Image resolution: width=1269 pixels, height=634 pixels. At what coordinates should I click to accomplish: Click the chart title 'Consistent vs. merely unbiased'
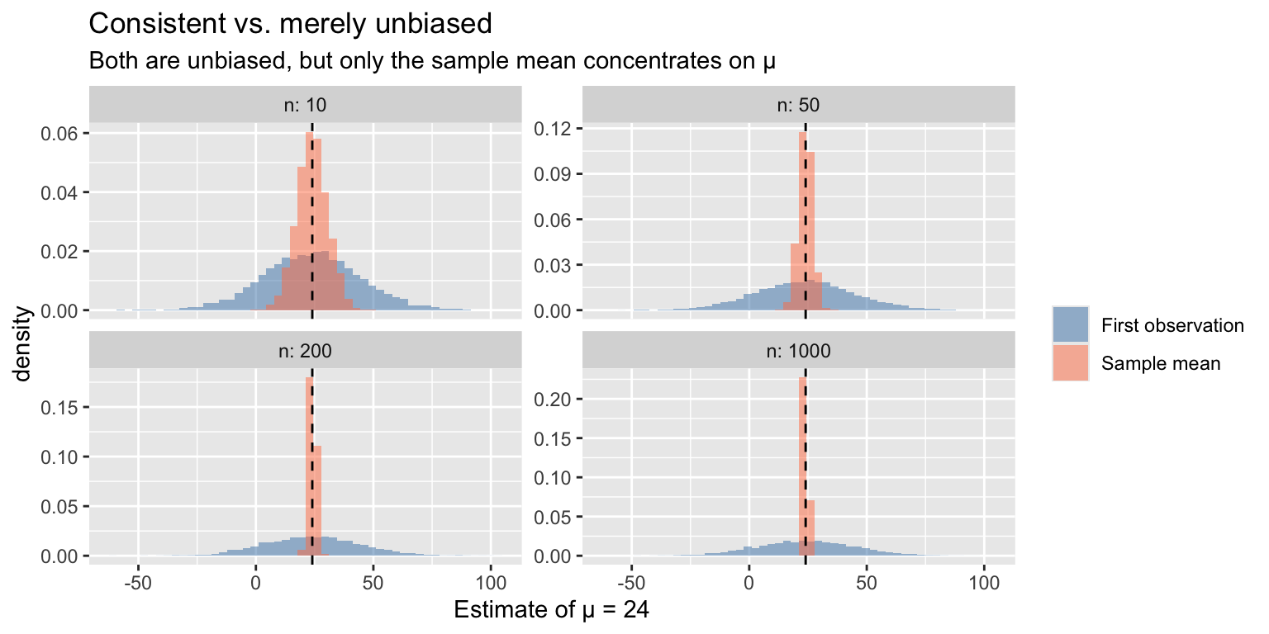click(x=290, y=24)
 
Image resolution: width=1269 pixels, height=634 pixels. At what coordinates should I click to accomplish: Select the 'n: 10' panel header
click(x=305, y=106)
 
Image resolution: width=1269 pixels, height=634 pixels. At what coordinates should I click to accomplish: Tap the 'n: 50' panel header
click(x=798, y=106)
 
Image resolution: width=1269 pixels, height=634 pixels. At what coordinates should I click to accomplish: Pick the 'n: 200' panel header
click(x=305, y=350)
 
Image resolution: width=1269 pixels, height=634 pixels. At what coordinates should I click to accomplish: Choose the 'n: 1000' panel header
click(x=798, y=350)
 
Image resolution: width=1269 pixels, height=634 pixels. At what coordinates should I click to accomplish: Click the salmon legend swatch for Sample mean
click(x=1071, y=362)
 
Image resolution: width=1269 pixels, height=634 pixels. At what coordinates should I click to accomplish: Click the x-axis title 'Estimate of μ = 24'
click(x=552, y=610)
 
